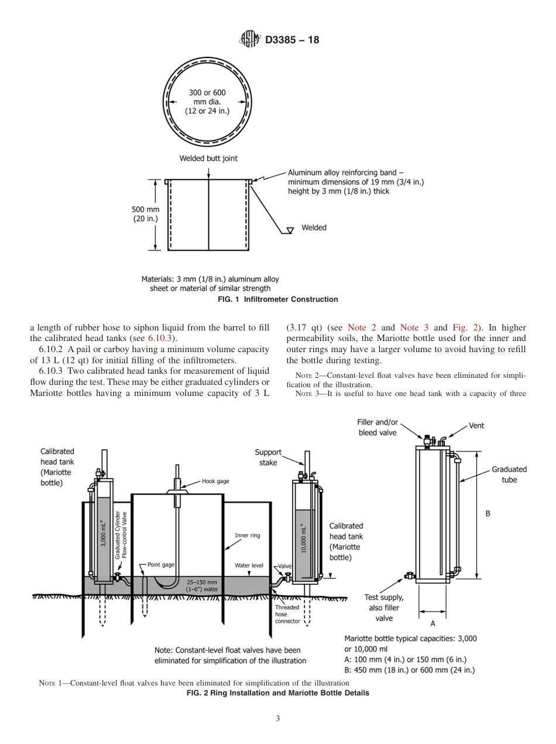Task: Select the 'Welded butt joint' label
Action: [208, 158]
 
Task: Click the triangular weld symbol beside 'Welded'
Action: [288, 230]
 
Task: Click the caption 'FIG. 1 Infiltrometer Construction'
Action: [277, 299]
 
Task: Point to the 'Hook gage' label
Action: [215, 481]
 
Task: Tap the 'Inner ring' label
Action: [247, 535]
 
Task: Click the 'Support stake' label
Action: [268, 457]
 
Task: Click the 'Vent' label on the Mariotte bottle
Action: [476, 425]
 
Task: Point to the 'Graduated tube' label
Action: [509, 474]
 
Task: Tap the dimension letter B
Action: [488, 514]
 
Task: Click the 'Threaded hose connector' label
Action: [287, 614]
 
